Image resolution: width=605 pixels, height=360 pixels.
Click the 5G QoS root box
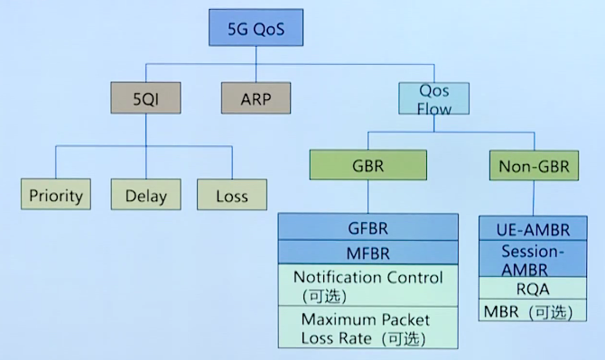tap(256, 29)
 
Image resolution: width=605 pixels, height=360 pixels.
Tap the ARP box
tap(256, 97)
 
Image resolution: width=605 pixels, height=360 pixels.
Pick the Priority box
tap(56, 195)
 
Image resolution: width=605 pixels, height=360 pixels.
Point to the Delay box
tap(145, 195)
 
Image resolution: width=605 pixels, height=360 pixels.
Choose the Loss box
tap(232, 195)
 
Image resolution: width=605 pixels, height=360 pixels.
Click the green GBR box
tap(368, 167)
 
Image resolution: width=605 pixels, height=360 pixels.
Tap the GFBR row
tap(368, 226)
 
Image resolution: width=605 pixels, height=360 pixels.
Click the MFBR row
tap(368, 252)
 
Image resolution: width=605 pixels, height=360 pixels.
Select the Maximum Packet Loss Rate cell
tap(368, 329)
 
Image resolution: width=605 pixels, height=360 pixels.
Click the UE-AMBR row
tap(532, 229)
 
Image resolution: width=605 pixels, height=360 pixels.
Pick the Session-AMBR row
tap(532, 260)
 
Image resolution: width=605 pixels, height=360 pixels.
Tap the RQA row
tap(532, 289)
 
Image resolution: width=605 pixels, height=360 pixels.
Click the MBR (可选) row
tap(532, 312)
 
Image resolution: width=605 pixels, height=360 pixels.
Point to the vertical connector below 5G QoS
tap(256, 56)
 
